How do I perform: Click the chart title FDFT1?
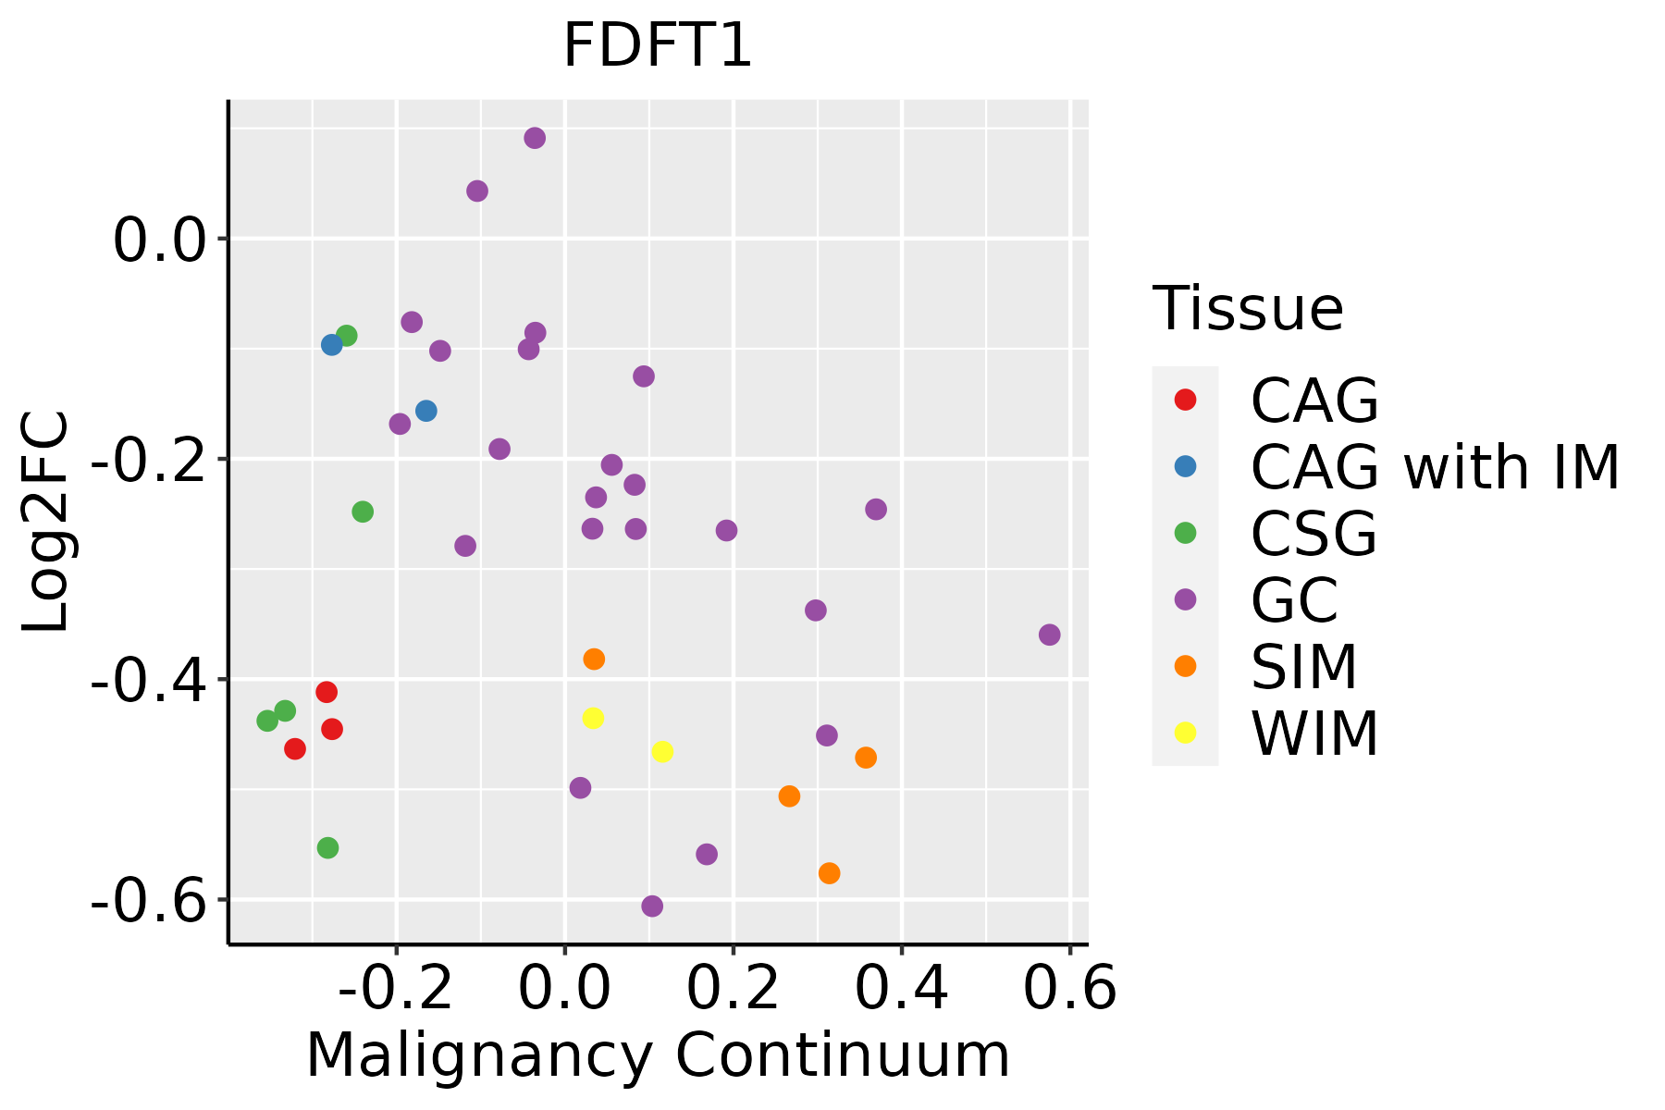click(658, 46)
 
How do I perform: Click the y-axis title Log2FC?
click(46, 522)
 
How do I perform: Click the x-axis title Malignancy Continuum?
click(658, 1055)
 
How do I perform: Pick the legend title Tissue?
click(1248, 309)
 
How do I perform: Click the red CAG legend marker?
click(1185, 400)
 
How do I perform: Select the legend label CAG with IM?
click(1435, 467)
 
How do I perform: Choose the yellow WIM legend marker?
click(1185, 733)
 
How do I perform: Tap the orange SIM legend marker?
click(1185, 666)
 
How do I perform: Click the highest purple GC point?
click(535, 139)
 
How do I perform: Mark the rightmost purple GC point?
click(1049, 635)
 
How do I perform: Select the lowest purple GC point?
click(652, 906)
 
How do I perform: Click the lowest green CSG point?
click(327, 848)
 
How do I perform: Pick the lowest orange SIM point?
click(830, 873)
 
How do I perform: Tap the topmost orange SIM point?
click(594, 660)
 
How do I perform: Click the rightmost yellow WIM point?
click(662, 752)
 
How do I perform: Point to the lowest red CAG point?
click(295, 749)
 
